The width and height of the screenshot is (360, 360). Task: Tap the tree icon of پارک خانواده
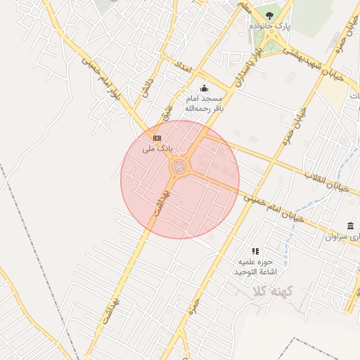pyautogui.click(x=270, y=14)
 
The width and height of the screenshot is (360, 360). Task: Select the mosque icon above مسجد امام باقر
pyautogui.click(x=204, y=89)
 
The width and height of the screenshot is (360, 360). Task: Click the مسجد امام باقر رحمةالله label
pyautogui.click(x=203, y=104)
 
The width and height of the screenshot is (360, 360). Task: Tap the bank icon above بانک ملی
pyautogui.click(x=157, y=138)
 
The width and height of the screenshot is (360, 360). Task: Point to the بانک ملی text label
pyautogui.click(x=157, y=149)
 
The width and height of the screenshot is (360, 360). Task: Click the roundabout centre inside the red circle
pyautogui.click(x=181, y=167)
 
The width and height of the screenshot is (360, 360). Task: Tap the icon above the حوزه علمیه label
pyautogui.click(x=255, y=251)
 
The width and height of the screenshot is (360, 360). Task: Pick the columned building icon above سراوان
pyautogui.click(x=350, y=225)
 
